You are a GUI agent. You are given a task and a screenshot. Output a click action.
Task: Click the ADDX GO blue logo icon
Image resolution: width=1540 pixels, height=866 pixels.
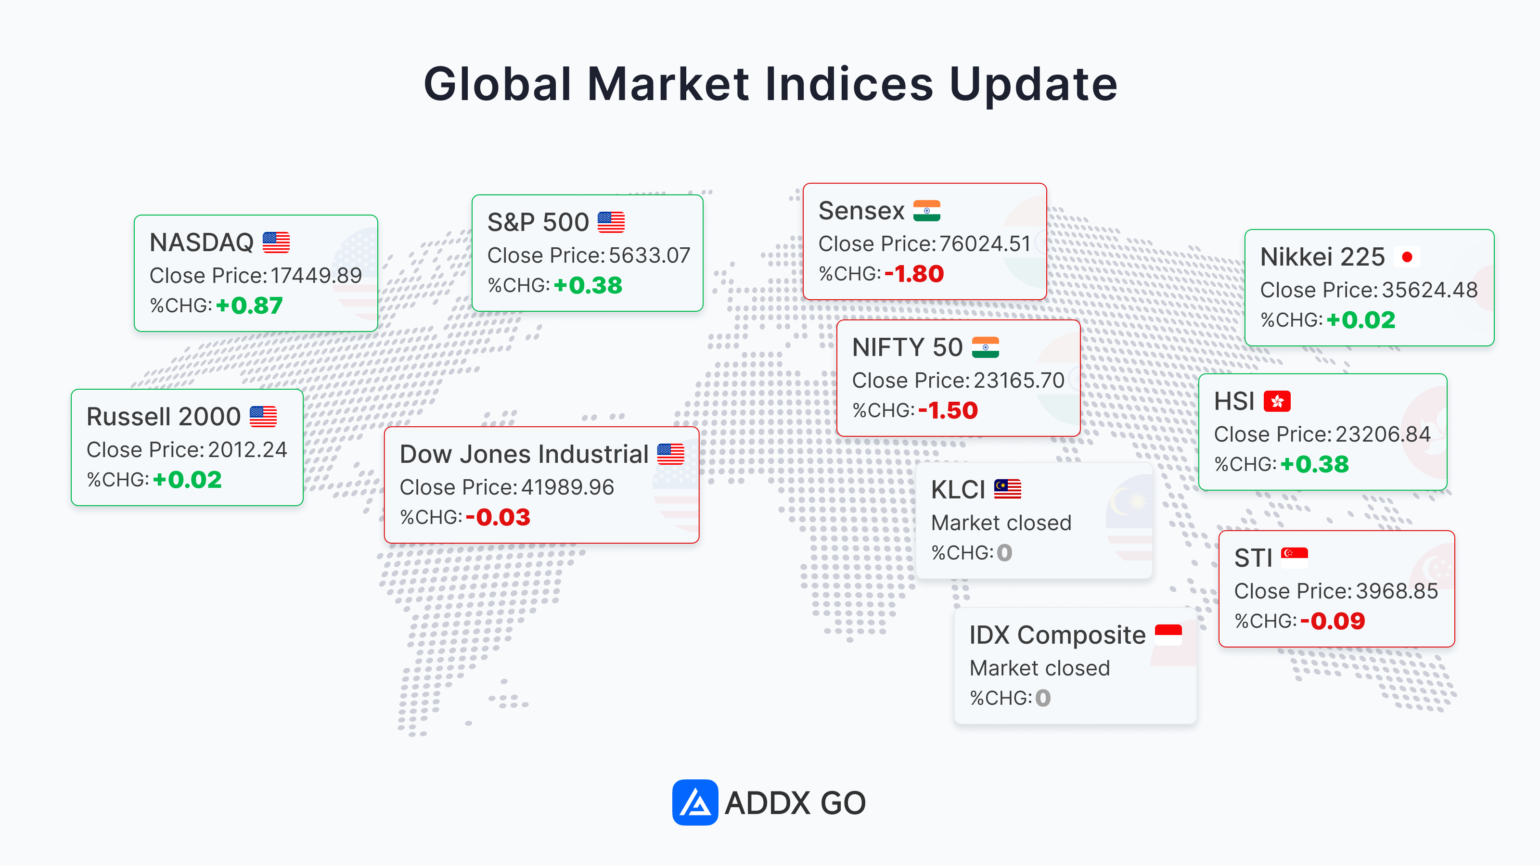(x=694, y=802)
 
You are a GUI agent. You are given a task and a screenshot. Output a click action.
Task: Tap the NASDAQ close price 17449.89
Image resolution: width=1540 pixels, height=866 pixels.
(x=316, y=276)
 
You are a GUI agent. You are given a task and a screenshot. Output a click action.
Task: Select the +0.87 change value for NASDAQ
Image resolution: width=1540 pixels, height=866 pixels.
(x=249, y=306)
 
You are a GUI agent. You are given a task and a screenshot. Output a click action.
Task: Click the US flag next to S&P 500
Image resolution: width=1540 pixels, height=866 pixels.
(x=611, y=222)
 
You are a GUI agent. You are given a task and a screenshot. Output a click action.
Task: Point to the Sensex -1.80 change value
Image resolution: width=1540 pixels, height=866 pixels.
(x=914, y=274)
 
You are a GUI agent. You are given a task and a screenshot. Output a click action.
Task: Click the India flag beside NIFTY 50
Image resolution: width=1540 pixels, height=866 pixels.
(x=985, y=347)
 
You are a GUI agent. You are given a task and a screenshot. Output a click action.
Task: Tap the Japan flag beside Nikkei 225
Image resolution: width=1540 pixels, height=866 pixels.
(x=1407, y=257)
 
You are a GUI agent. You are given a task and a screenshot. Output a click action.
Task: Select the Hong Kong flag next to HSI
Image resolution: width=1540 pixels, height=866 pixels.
(x=1277, y=401)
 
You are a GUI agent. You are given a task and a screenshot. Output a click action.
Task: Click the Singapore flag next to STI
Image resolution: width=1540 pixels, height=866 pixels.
(x=1294, y=558)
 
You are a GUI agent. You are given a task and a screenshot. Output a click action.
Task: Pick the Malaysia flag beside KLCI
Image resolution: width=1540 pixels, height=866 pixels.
(x=1007, y=489)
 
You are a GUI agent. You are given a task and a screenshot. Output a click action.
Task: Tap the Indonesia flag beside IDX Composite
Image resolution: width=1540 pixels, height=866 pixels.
(x=1168, y=635)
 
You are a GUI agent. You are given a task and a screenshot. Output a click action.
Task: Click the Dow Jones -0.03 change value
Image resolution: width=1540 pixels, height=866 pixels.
(x=498, y=518)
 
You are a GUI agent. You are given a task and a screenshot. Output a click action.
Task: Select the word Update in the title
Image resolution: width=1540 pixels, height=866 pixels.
(x=1033, y=84)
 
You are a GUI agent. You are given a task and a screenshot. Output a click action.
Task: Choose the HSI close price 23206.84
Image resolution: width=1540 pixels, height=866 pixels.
(x=1383, y=434)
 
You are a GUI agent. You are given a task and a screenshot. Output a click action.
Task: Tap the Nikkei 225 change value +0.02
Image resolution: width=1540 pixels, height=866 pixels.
(x=1360, y=320)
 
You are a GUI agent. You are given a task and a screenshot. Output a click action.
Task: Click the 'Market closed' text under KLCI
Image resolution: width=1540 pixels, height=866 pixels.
(x=1001, y=523)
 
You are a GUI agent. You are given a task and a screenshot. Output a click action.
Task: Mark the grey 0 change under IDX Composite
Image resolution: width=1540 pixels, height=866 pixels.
(x=1043, y=698)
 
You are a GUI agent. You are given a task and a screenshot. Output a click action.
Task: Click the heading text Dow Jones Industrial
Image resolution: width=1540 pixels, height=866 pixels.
(x=524, y=454)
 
